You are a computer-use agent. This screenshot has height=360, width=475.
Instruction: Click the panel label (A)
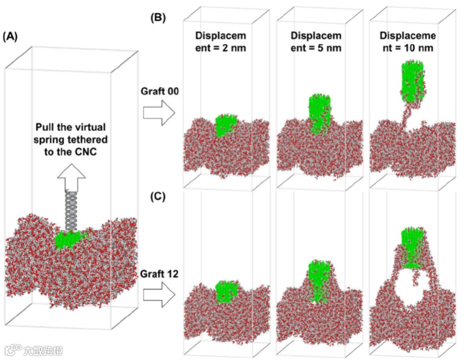pos(11,36)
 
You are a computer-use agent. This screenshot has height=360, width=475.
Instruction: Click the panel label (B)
pos(158,18)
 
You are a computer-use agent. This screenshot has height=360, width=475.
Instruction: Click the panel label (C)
pos(158,196)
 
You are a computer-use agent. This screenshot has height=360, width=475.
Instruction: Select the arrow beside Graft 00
pos(159,112)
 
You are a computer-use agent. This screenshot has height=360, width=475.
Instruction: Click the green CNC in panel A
pos(70,238)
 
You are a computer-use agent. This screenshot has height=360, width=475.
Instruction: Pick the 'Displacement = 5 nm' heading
pos(315,41)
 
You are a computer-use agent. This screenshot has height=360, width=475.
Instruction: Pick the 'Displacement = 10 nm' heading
pos(410,41)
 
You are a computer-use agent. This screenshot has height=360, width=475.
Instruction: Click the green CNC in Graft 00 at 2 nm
pos(223,125)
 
